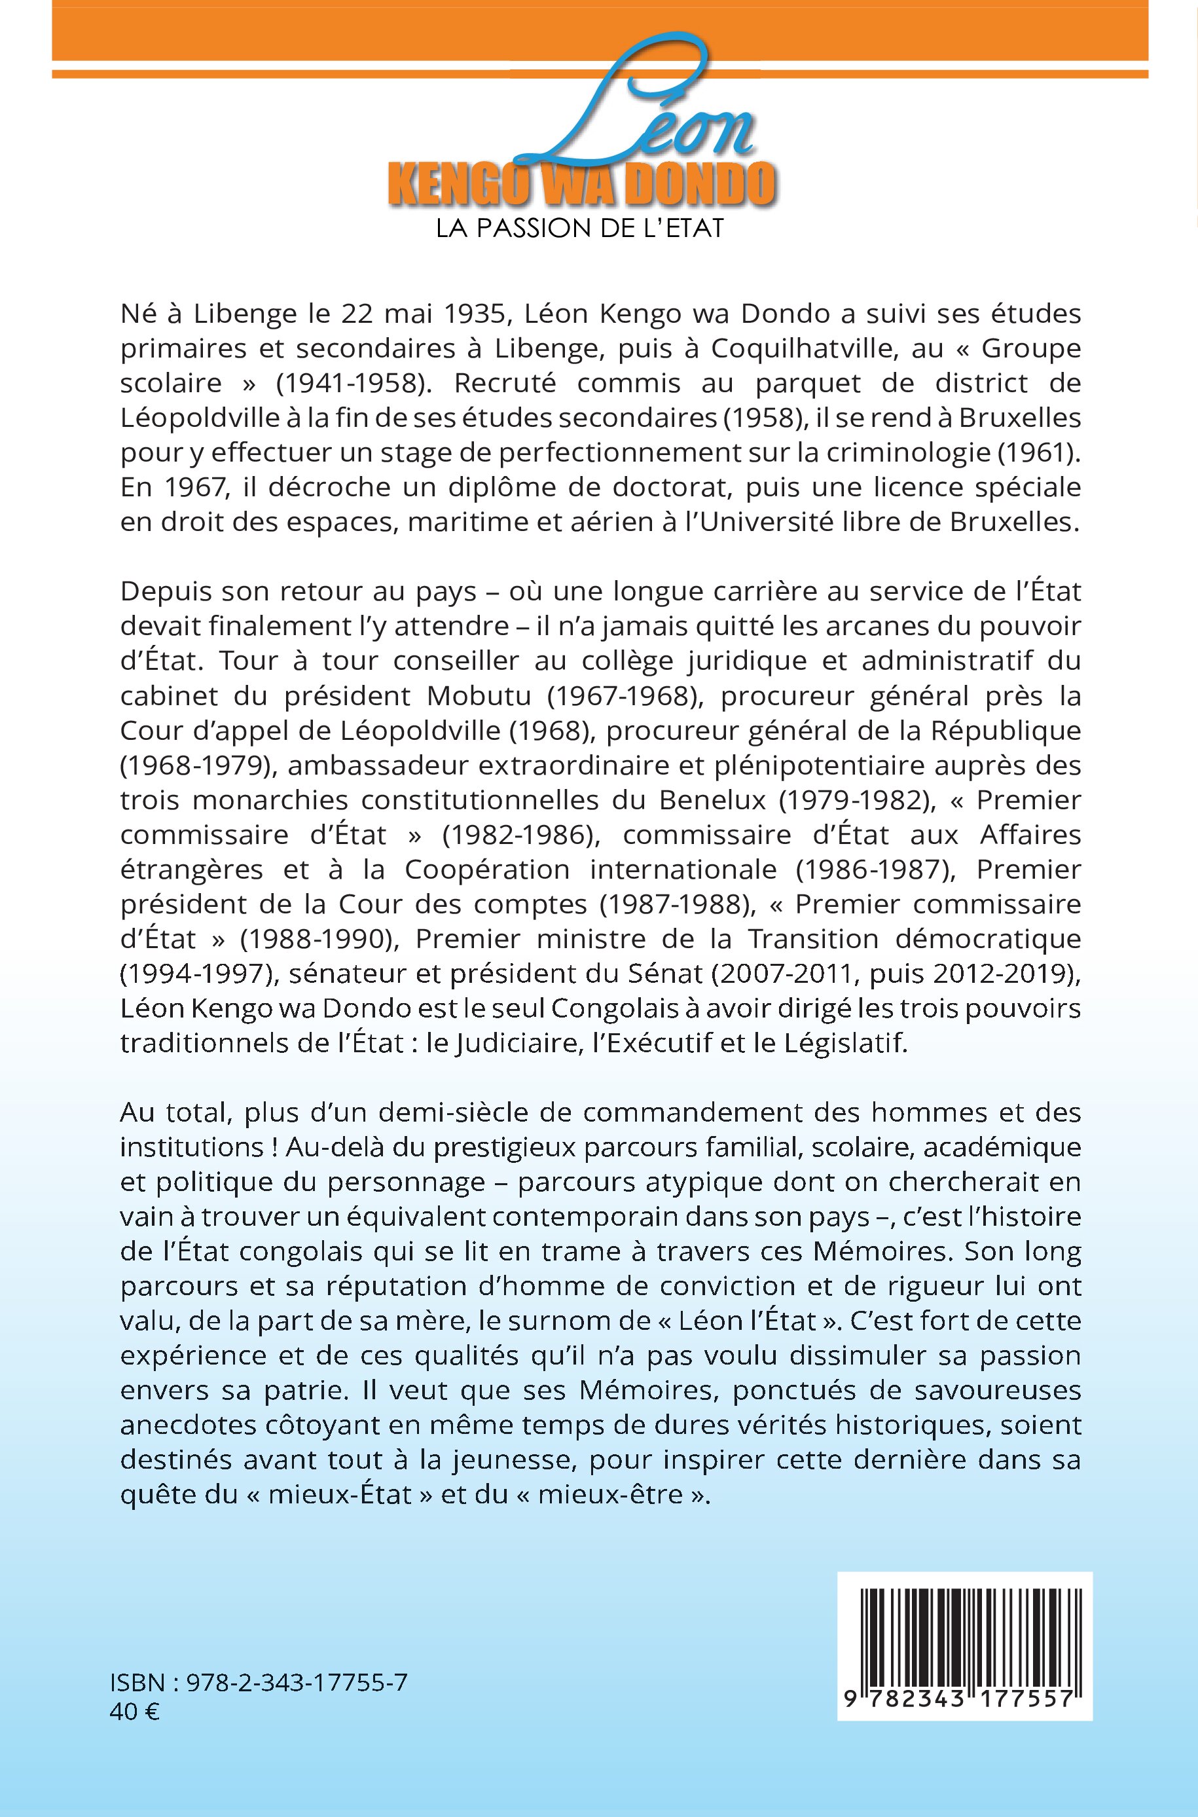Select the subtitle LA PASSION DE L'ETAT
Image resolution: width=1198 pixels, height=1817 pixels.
click(x=580, y=229)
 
